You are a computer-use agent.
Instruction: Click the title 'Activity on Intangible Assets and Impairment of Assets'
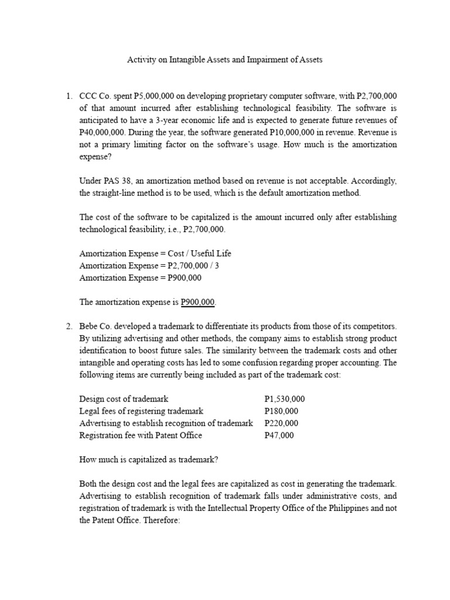tap(225, 60)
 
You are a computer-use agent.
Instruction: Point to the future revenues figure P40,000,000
tap(103, 132)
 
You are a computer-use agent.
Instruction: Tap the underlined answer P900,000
tap(198, 302)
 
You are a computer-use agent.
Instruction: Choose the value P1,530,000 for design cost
tap(285, 399)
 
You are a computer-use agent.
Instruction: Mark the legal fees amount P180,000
tap(281, 411)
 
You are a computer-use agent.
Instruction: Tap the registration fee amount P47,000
tap(279, 435)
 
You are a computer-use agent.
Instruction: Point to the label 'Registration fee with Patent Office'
tap(141, 435)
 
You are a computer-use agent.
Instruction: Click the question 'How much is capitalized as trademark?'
tap(148, 460)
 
